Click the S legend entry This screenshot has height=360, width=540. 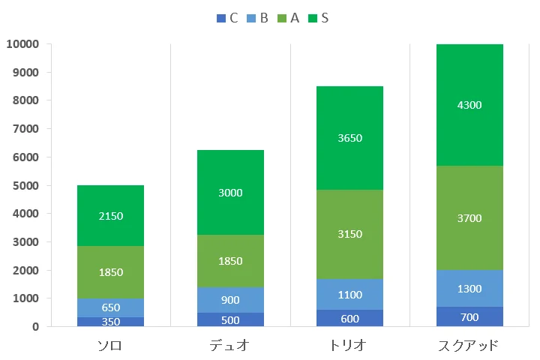point(318,18)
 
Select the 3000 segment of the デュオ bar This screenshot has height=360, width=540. point(230,193)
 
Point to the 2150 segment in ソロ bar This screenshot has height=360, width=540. point(110,216)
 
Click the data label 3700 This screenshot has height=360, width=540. point(469,218)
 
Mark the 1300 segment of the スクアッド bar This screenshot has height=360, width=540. point(469,289)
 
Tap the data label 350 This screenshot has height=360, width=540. point(110,322)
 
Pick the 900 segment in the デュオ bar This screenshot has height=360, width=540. point(230,300)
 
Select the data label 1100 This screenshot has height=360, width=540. point(350,295)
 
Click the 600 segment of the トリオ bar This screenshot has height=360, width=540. point(350,318)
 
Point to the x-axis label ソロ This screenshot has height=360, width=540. point(110,346)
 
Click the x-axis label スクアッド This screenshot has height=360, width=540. point(469,346)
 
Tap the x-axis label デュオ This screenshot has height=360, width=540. point(230,346)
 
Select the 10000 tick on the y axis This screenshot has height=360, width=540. point(22,44)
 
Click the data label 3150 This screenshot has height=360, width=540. point(350,234)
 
